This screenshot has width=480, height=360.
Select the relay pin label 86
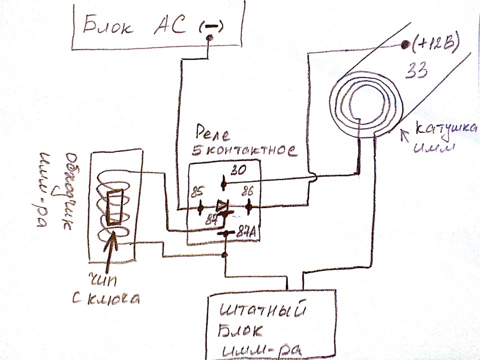pyautogui.click(x=247, y=191)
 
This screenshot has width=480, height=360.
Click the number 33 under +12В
pyautogui.click(x=416, y=70)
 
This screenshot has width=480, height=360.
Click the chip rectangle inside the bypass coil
pyautogui.click(x=116, y=206)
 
